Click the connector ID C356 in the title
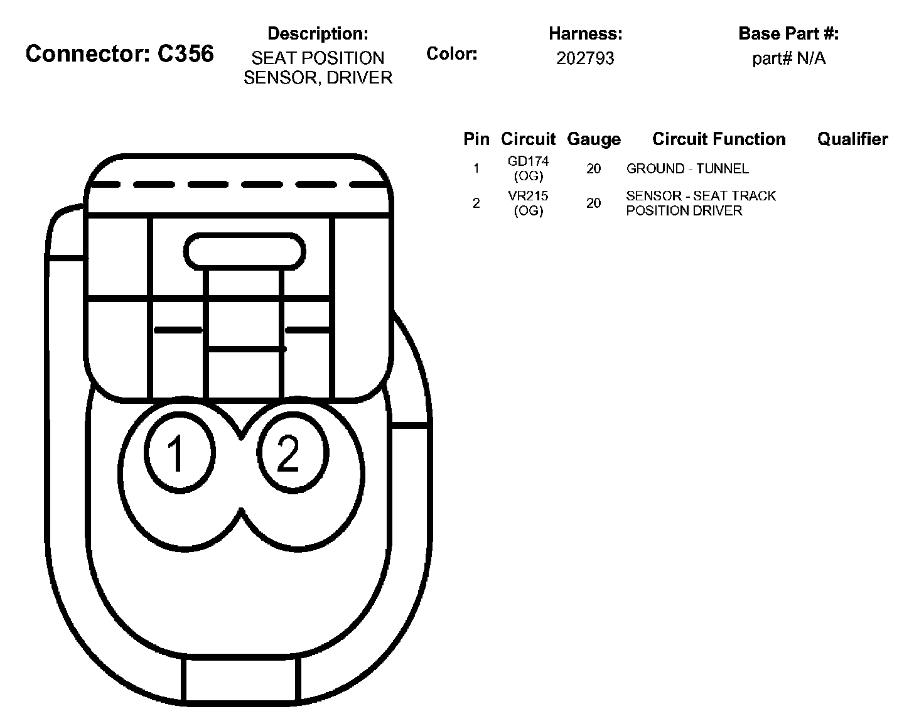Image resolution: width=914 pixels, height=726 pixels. coord(185,54)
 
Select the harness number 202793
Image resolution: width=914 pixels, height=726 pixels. coord(585,58)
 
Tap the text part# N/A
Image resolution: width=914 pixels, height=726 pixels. coord(788,58)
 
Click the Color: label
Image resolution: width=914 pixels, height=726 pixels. coord(451,54)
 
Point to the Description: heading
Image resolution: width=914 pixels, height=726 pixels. coord(318,33)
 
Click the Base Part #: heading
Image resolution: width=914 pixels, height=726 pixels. coord(788,33)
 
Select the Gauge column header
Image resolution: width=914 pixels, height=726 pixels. coord(593,139)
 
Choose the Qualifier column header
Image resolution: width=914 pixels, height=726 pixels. coord(852,139)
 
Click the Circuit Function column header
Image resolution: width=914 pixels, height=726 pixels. coord(718,139)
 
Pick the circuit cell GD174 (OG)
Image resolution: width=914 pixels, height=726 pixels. coord(528,168)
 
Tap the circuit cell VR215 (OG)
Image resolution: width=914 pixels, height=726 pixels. coord(528,203)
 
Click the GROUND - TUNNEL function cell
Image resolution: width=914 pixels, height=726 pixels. coord(687,168)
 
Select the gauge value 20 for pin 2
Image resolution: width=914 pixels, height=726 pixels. coord(593,203)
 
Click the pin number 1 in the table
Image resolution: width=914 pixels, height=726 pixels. coord(476,168)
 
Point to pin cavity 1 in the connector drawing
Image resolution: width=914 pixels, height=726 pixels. coord(179,452)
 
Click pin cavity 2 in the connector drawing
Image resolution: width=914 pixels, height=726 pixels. coord(293,452)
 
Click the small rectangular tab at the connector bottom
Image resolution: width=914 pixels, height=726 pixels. coord(240,681)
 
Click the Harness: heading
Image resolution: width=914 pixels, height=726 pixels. coord(585,33)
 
